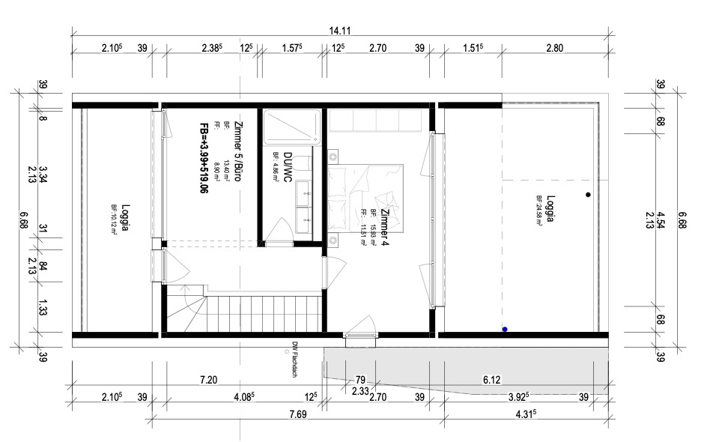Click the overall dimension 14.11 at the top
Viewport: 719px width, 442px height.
[341, 31]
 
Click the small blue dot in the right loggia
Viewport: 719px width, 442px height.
[505, 329]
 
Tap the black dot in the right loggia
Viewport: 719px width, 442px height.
[589, 195]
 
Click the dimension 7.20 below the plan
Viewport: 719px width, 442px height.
[208, 381]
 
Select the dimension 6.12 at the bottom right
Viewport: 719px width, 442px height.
[491, 381]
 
